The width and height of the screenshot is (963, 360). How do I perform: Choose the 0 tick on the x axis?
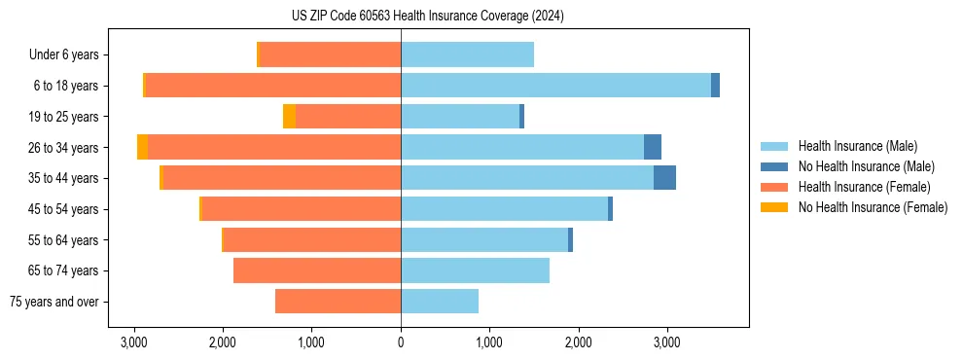click(x=401, y=342)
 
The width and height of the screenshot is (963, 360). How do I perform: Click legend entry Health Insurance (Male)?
click(x=857, y=146)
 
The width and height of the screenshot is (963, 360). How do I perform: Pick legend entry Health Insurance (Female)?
click(x=864, y=187)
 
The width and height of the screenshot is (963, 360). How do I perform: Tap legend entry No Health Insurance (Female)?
click(x=873, y=207)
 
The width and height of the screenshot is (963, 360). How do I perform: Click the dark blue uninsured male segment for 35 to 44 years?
click(x=664, y=178)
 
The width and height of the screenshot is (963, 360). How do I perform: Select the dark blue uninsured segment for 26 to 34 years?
click(x=653, y=147)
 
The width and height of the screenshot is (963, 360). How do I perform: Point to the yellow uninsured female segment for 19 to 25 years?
click(x=289, y=117)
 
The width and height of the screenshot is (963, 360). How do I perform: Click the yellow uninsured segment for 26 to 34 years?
click(x=142, y=147)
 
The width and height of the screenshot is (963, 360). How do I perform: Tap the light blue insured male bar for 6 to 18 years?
click(x=555, y=86)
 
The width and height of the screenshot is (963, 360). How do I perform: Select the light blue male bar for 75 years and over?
click(x=440, y=302)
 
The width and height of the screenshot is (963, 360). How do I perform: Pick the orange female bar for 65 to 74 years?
click(x=317, y=270)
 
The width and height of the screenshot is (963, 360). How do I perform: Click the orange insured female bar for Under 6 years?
click(x=331, y=54)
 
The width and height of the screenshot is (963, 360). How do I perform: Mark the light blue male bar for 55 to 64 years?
click(x=484, y=239)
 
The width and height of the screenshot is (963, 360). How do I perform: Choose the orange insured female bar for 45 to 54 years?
click(x=302, y=209)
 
